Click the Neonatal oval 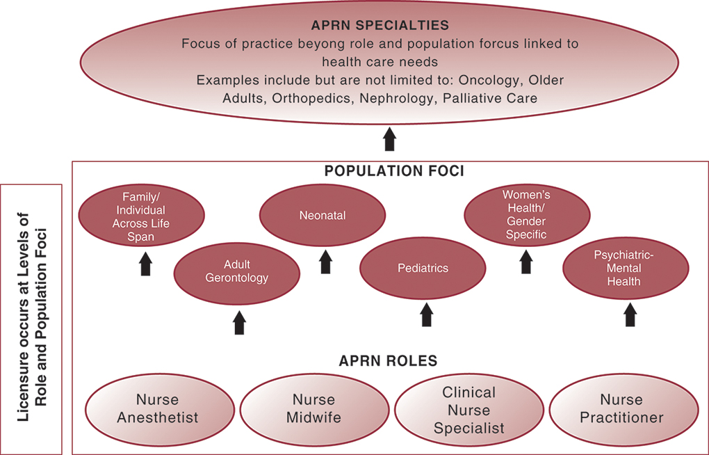323,216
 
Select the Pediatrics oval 423,268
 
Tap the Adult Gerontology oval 236,271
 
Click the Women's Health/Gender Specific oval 527,215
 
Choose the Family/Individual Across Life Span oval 141,216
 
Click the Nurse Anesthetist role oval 157,409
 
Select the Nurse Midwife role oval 313,409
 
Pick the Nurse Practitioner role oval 623,409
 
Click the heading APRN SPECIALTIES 380,26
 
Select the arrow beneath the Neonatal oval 325,262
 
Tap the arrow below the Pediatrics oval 427,315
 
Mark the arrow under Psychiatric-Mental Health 630,315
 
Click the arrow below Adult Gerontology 240,322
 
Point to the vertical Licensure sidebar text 32,319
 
